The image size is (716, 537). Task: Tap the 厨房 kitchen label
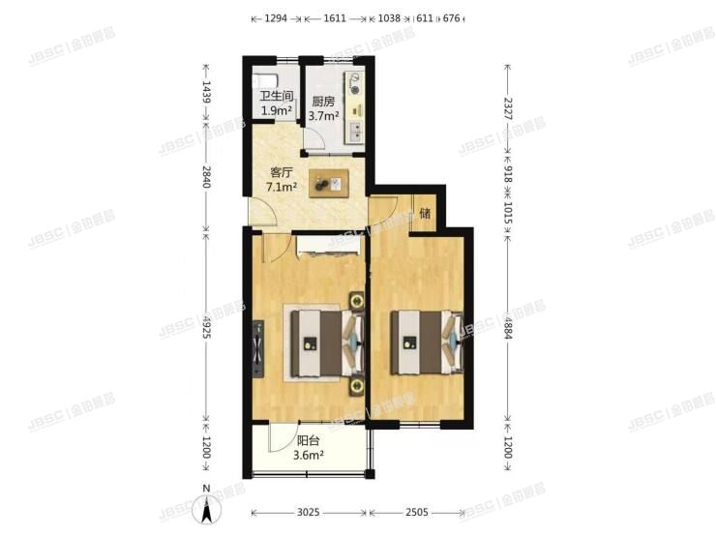(x=323, y=101)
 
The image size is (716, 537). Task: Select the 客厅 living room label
(x=281, y=173)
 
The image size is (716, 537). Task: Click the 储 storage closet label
(x=424, y=214)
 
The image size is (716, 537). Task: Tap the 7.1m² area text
(x=282, y=188)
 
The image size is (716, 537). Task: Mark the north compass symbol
(x=205, y=509)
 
